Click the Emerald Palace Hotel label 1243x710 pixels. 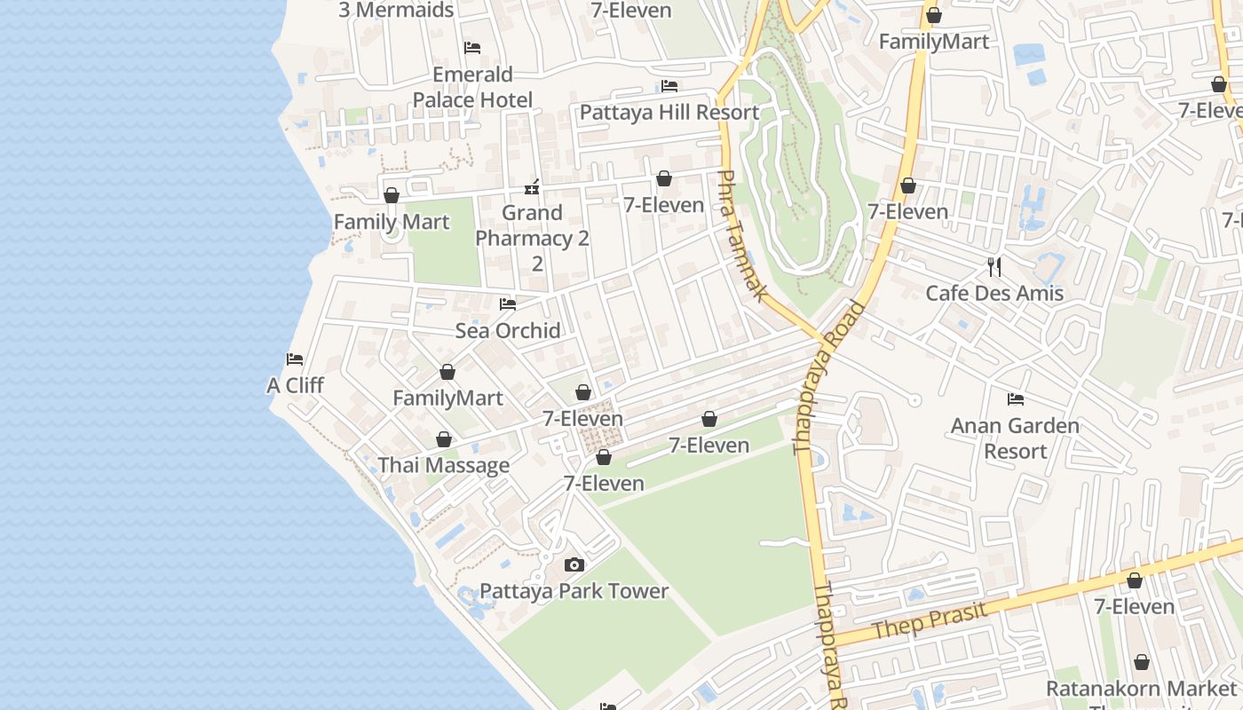click(x=472, y=87)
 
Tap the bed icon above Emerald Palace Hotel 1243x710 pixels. click(x=472, y=47)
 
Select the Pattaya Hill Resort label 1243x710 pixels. click(x=669, y=113)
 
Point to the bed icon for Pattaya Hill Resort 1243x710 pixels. click(x=669, y=86)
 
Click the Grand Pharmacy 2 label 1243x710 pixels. click(x=533, y=225)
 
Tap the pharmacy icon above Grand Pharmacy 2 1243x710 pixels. click(x=532, y=187)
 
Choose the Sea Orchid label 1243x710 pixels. click(x=508, y=331)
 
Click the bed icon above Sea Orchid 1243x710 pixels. click(x=508, y=304)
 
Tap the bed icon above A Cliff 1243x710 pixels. click(x=295, y=359)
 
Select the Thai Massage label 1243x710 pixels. click(x=444, y=465)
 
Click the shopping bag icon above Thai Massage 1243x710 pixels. click(x=444, y=439)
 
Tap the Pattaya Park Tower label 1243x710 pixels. click(x=574, y=591)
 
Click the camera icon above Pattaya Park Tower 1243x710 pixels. click(x=574, y=565)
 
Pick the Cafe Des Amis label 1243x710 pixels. click(x=994, y=293)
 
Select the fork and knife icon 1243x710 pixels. click(x=994, y=266)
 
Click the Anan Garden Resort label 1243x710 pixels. click(x=1015, y=438)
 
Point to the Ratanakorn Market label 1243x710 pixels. click(x=1141, y=689)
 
